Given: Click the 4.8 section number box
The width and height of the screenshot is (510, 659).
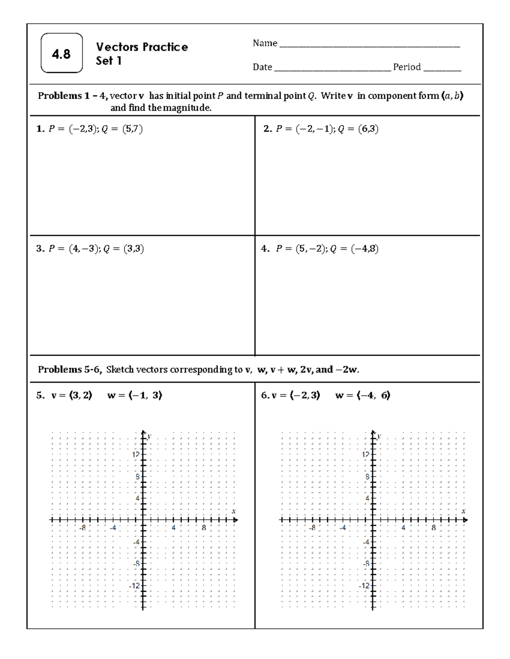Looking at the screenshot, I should click(x=62, y=53).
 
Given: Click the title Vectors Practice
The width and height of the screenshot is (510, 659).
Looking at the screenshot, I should click(x=142, y=47).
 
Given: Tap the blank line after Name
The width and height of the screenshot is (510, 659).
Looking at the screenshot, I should click(x=369, y=45).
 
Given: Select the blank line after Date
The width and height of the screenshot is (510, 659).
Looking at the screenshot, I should click(x=332, y=68).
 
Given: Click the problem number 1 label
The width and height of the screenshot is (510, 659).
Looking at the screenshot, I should click(x=40, y=129).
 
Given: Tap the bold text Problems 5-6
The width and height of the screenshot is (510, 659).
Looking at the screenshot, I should click(x=70, y=369).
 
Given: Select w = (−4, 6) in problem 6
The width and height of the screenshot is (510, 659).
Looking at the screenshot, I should click(x=363, y=395).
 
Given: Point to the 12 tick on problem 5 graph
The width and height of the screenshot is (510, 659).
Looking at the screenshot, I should click(x=136, y=454).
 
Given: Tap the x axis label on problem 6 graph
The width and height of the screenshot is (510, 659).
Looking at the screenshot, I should click(x=463, y=511).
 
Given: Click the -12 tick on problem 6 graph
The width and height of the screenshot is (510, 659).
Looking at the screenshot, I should click(x=364, y=586).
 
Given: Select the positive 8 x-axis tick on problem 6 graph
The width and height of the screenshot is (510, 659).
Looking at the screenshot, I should click(x=433, y=528).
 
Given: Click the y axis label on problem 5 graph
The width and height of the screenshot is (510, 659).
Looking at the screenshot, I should click(x=150, y=436).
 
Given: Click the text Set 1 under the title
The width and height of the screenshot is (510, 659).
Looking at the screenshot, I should click(x=108, y=61).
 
